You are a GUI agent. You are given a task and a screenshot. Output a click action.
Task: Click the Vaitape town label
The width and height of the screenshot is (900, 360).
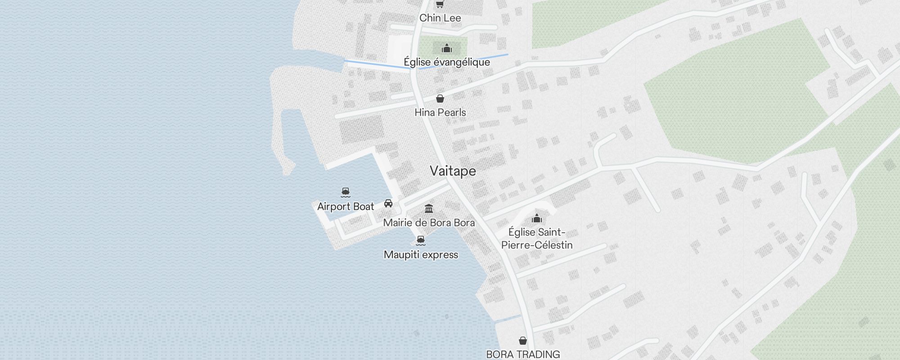click(x=453, y=171)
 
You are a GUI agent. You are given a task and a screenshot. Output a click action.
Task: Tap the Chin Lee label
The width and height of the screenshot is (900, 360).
click(x=440, y=18)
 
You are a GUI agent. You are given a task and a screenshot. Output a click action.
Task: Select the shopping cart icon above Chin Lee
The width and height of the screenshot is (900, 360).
click(x=440, y=4)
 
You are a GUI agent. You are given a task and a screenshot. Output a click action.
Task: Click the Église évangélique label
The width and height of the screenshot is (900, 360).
click(x=446, y=62)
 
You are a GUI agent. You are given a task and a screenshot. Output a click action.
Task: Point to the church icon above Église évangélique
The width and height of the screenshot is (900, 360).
click(x=446, y=48)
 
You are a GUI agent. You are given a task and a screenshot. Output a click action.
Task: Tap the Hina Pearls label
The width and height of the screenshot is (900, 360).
click(x=440, y=112)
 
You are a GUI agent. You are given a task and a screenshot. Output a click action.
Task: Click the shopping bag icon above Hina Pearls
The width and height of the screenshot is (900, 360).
click(x=440, y=99)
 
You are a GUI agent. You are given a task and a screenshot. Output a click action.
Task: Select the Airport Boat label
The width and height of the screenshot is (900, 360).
click(x=346, y=207)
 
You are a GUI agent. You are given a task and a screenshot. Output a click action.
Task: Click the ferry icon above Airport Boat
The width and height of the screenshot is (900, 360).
click(x=346, y=193)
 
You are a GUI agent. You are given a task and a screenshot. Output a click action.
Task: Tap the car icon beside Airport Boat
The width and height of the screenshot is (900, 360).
click(x=388, y=203)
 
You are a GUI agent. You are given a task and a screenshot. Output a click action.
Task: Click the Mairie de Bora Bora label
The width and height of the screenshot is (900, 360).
click(x=429, y=223)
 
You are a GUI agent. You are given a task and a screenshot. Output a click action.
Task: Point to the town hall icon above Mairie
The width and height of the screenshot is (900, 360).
click(x=429, y=209)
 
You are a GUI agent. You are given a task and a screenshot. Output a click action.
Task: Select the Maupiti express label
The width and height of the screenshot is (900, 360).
click(x=421, y=255)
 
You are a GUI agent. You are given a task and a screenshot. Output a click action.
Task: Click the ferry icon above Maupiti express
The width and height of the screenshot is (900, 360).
click(x=421, y=240)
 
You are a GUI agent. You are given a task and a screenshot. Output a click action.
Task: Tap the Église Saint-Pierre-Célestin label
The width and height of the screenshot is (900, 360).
click(x=537, y=238)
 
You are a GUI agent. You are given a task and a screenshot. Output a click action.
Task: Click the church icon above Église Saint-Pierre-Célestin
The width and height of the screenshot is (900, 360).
click(x=537, y=219)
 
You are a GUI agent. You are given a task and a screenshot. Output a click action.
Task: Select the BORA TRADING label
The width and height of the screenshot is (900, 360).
click(x=523, y=354)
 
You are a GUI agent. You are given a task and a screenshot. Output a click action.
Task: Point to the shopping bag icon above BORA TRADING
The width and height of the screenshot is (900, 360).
click(x=523, y=341)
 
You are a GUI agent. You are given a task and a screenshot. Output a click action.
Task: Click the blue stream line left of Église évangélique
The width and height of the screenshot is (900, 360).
click(x=373, y=64)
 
